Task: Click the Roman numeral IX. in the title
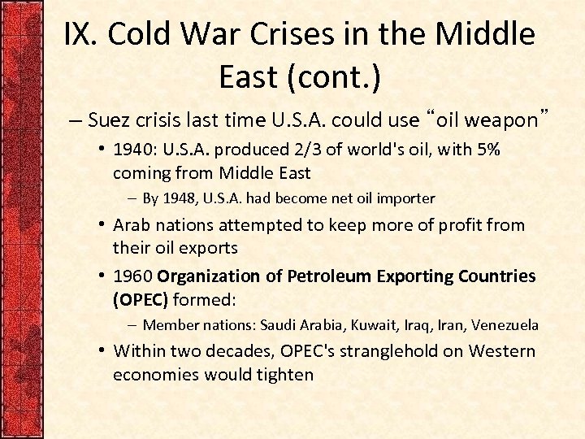[x=81, y=35]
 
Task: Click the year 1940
[x=133, y=150]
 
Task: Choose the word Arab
[x=132, y=225]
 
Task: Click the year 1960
[x=133, y=276]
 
